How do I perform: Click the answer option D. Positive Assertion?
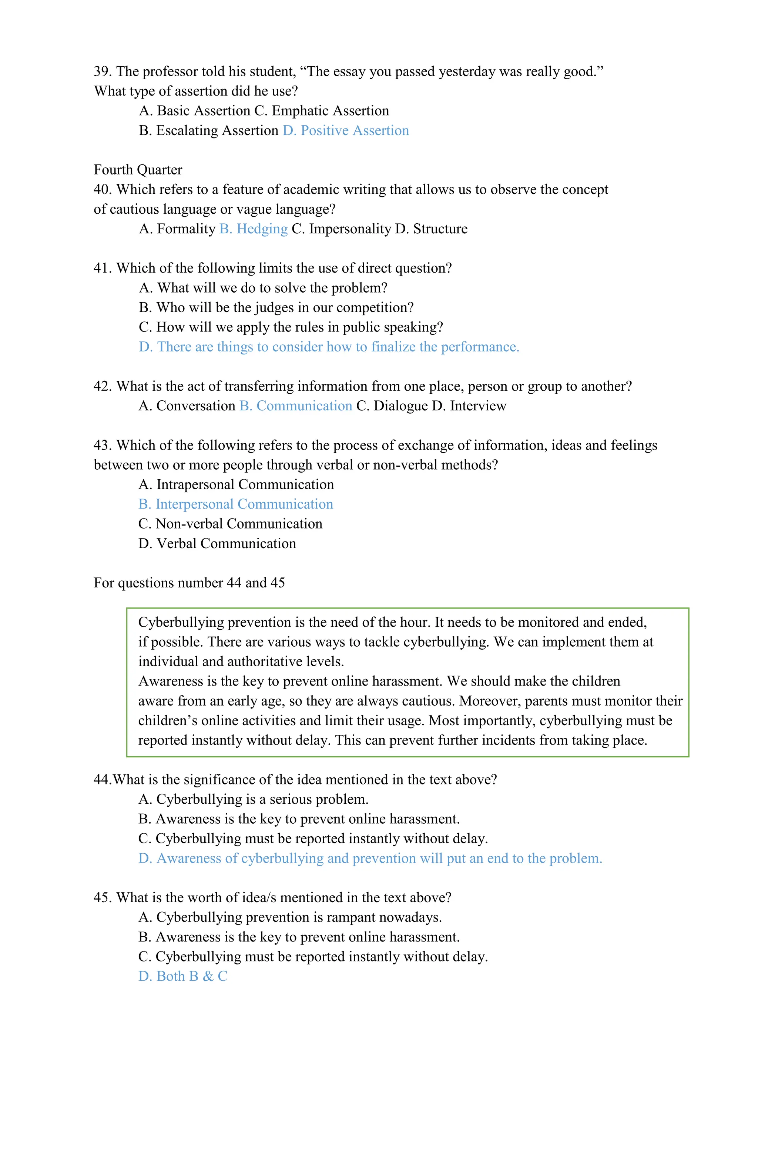[x=345, y=131]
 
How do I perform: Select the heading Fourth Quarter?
[x=138, y=170]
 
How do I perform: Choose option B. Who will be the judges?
[x=276, y=307]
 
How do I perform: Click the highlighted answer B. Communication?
[x=295, y=406]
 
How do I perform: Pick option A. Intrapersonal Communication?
[x=236, y=484]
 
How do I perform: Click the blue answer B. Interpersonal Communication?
[x=236, y=504]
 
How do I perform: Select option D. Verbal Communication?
[x=217, y=543]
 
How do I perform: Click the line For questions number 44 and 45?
[x=189, y=583]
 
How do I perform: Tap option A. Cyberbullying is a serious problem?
[x=253, y=799]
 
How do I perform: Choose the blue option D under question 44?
[x=370, y=858]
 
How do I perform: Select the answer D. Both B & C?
[x=183, y=976]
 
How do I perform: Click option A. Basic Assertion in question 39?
[x=195, y=111]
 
